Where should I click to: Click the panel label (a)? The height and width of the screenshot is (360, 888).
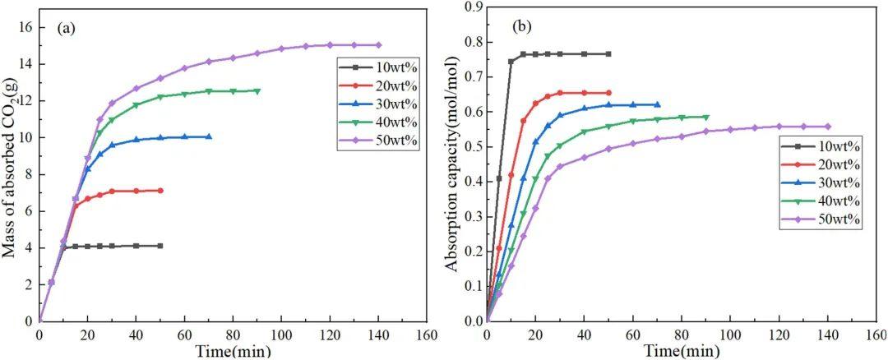pyautogui.click(x=66, y=28)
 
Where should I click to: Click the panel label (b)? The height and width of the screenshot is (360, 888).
pyautogui.click(x=521, y=27)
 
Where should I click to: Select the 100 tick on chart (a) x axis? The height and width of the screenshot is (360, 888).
pyautogui.click(x=281, y=335)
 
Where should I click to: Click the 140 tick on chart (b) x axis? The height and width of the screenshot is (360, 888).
pyautogui.click(x=826, y=335)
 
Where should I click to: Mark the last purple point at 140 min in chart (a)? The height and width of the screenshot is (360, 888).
pyautogui.click(x=378, y=45)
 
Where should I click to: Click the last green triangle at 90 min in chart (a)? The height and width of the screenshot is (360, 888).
pyautogui.click(x=257, y=91)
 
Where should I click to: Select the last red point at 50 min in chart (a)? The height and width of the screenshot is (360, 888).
pyautogui.click(x=160, y=191)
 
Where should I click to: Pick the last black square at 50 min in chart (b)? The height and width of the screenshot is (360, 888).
pyautogui.click(x=608, y=54)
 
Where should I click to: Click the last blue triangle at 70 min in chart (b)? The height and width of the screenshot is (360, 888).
pyautogui.click(x=657, y=104)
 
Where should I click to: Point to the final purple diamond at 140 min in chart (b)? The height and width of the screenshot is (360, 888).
pyautogui.click(x=827, y=127)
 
